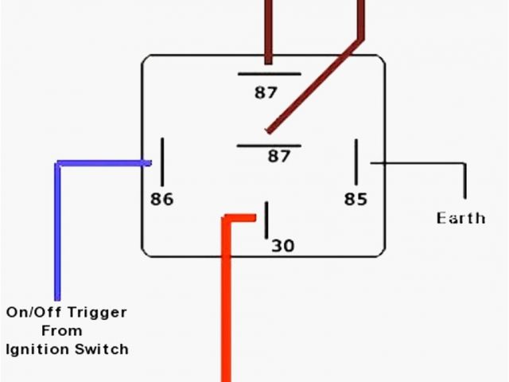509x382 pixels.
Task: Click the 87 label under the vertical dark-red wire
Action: pyautogui.click(x=266, y=93)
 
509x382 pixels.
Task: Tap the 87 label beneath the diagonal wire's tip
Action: pyautogui.click(x=279, y=157)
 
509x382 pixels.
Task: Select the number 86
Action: pyautogui.click(x=161, y=199)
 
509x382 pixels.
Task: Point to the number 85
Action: pyautogui.click(x=356, y=199)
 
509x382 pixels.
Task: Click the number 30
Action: pyautogui.click(x=283, y=246)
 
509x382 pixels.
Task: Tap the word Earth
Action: pyautogui.click(x=460, y=217)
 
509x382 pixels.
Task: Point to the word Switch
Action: pyautogui.click(x=103, y=349)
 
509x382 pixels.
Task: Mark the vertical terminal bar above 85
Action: pyautogui.click(x=356, y=162)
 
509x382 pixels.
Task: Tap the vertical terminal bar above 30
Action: pyautogui.click(x=266, y=220)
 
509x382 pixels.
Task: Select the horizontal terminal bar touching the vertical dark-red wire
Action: pyautogui.click(x=269, y=74)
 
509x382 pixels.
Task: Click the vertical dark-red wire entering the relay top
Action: pyautogui.click(x=268, y=32)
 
